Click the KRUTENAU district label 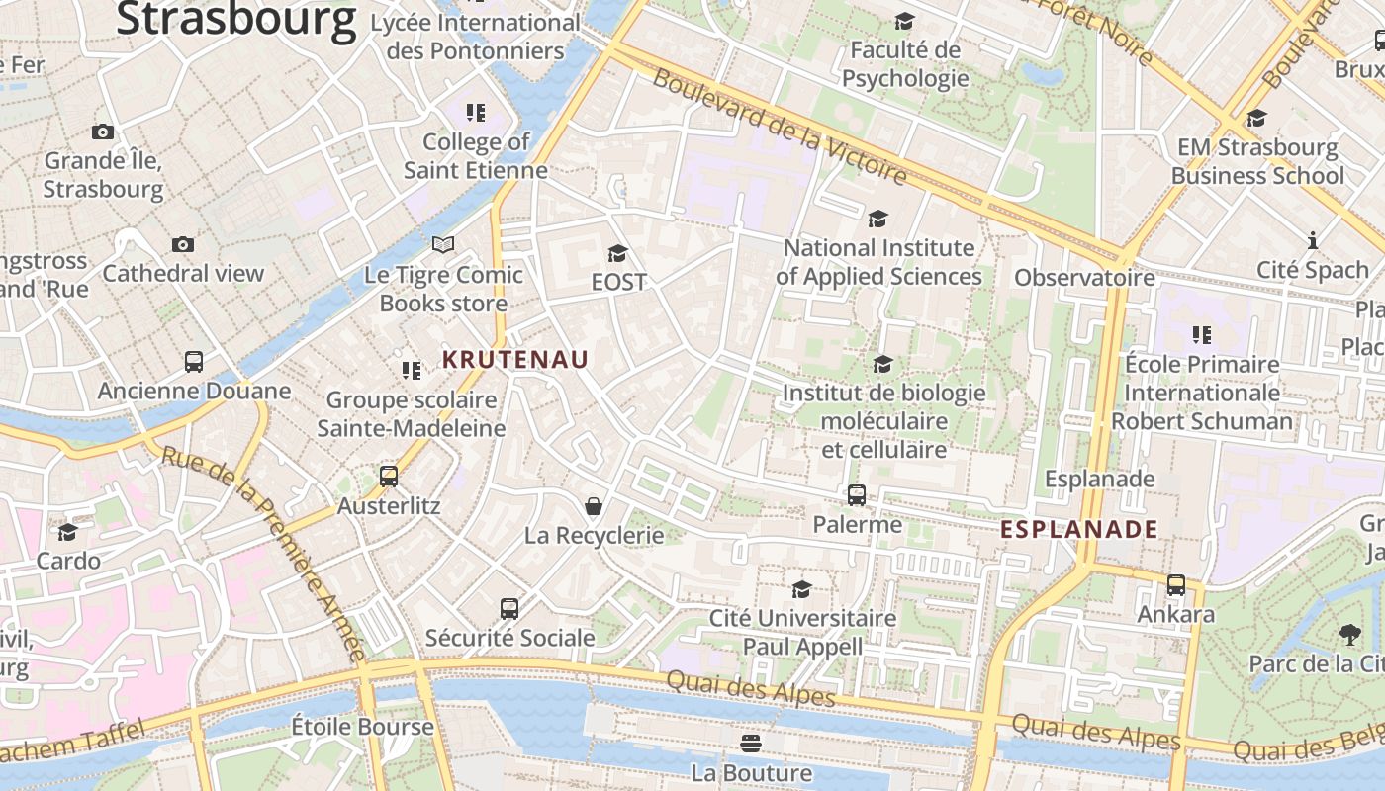514,360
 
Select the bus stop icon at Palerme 857,495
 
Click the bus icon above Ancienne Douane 194,362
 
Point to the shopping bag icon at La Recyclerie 594,507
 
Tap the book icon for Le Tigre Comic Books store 443,244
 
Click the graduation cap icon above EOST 618,254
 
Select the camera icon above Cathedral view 183,244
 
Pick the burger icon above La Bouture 752,743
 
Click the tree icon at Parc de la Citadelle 1349,634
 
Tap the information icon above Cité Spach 1313,240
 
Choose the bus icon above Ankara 1175,585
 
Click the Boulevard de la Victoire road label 780,128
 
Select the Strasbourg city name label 236,20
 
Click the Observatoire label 1084,278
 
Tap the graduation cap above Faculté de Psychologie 904,22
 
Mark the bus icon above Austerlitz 389,477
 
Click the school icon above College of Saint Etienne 476,113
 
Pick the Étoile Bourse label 362,727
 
